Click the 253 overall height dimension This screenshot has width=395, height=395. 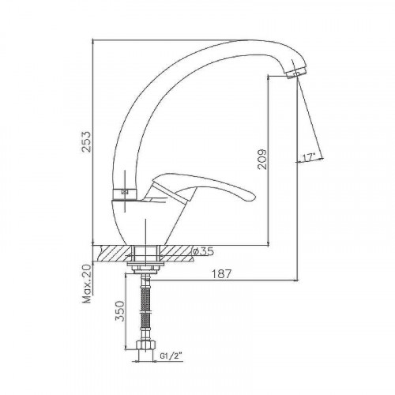tap(86, 141)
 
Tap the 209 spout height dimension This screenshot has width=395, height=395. tap(262, 160)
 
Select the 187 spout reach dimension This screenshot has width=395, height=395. tap(221, 274)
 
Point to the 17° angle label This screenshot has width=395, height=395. tap(309, 157)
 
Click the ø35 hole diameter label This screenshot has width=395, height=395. tap(203, 251)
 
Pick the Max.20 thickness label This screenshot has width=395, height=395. tap(87, 284)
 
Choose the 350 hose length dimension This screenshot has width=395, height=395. tap(120, 310)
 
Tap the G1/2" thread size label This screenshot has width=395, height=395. tap(171, 356)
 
